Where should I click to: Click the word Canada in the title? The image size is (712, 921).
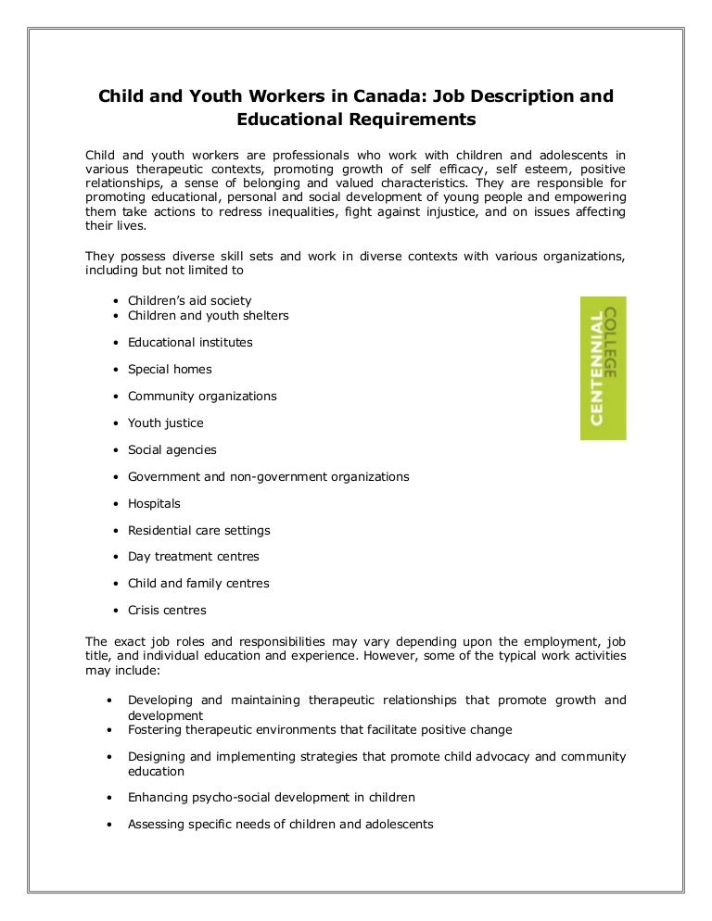click(x=360, y=96)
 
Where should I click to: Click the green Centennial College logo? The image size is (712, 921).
click(x=603, y=368)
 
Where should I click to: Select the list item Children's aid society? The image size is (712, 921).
click(x=189, y=301)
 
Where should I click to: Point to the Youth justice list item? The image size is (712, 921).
click(x=165, y=423)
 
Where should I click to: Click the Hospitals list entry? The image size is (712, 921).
click(x=154, y=504)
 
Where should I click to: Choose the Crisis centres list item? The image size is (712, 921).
click(x=167, y=611)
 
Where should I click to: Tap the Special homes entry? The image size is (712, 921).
click(x=170, y=370)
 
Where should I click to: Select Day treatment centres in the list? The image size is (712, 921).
click(x=193, y=557)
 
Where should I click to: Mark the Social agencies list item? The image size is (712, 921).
click(x=172, y=450)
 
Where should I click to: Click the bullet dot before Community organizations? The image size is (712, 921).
click(x=113, y=397)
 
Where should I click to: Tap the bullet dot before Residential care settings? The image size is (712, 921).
click(x=113, y=531)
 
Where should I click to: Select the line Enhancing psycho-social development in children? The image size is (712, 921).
click(x=271, y=797)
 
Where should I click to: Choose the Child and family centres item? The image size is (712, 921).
click(x=198, y=584)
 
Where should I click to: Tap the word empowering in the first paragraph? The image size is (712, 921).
click(x=591, y=197)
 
